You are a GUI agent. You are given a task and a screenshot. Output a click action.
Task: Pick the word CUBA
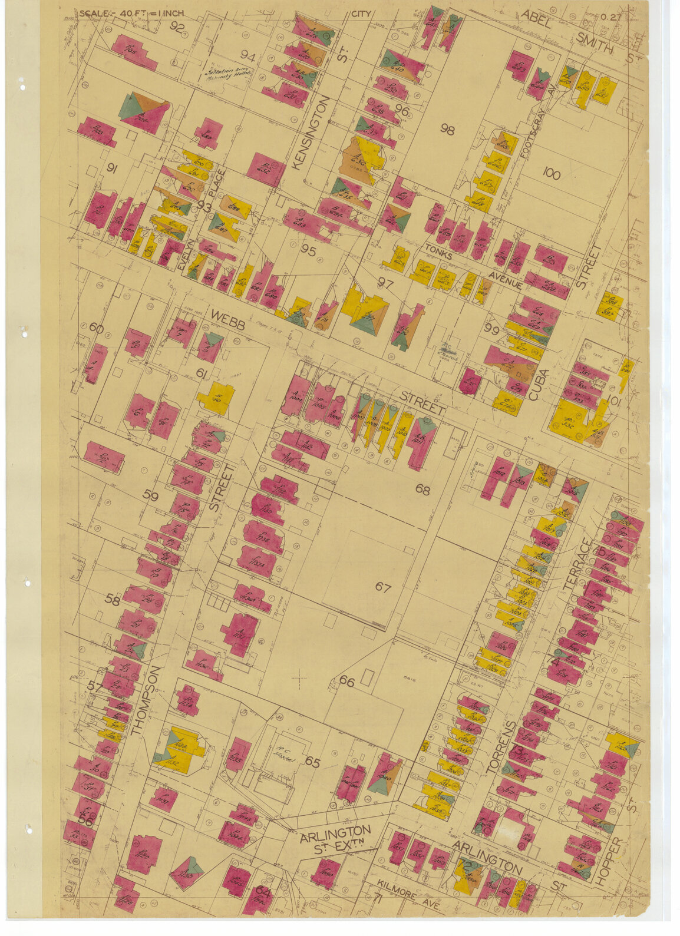538,385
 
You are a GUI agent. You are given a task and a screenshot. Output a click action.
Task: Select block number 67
383,587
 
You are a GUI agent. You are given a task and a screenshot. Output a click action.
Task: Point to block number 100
552,174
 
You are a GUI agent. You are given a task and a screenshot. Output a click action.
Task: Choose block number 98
447,130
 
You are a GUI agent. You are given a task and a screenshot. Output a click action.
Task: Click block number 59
151,496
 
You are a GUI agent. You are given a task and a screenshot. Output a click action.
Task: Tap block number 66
346,682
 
